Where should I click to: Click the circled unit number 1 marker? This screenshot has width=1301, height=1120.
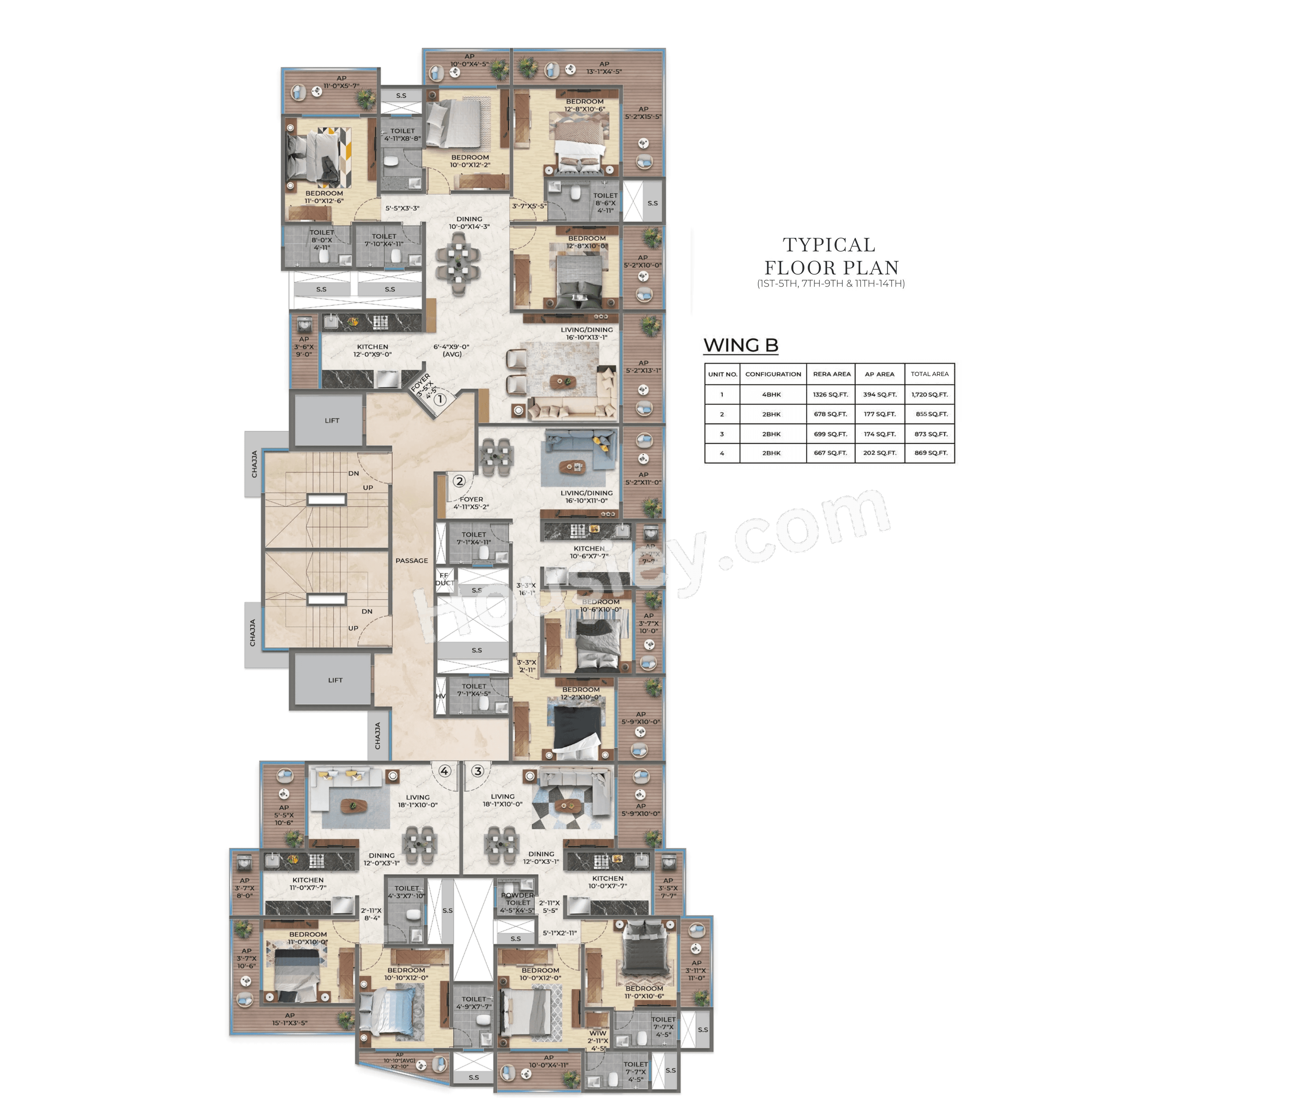tap(440, 399)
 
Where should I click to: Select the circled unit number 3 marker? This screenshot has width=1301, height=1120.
tap(478, 771)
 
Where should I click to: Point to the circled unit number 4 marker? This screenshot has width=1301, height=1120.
tap(445, 771)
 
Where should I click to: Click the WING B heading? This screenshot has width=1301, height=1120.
tap(741, 345)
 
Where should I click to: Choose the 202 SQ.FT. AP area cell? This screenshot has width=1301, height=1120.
tap(879, 453)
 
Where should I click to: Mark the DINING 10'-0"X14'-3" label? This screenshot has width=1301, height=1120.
tap(469, 223)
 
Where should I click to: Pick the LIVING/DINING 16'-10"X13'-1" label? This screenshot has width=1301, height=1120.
tap(586, 333)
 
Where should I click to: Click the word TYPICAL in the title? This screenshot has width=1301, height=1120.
tap(829, 245)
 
